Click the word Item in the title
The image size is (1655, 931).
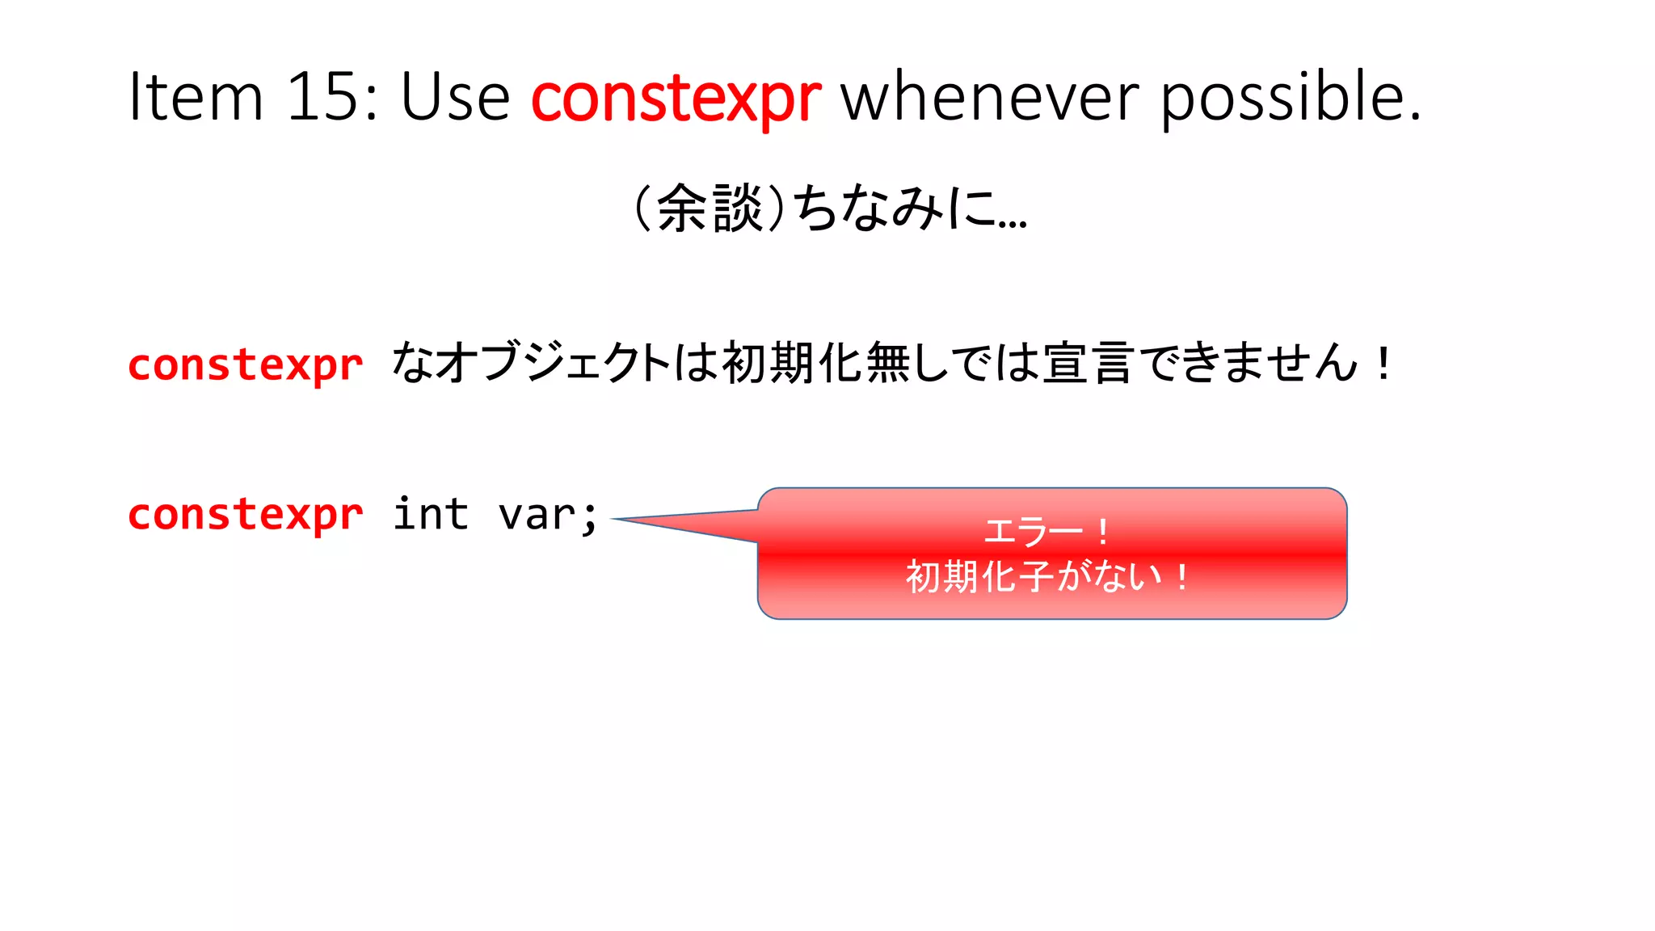pyautogui.click(x=196, y=97)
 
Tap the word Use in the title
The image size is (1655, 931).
pyautogui.click(x=455, y=97)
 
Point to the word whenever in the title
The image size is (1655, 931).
pyautogui.click(x=991, y=97)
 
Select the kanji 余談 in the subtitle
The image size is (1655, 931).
pyautogui.click(x=710, y=209)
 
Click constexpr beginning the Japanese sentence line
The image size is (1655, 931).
pyautogui.click(x=245, y=365)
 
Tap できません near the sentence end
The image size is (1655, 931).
pyautogui.click(x=1252, y=363)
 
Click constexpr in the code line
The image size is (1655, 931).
pyautogui.click(x=245, y=515)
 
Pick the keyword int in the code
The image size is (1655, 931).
pyautogui.click(x=430, y=514)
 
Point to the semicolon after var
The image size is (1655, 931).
pyautogui.click(x=590, y=517)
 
